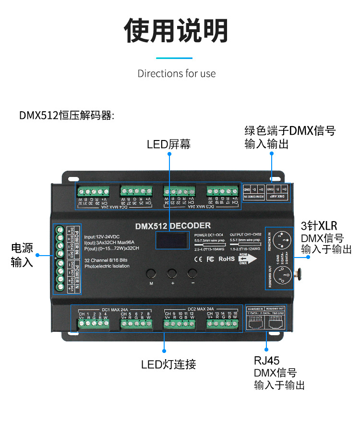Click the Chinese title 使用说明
pos(176,32)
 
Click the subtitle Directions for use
pos(177,73)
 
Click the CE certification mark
pos(197,259)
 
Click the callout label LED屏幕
pos(168,144)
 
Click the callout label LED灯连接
pos(168,364)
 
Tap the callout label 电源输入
pos(22,255)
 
